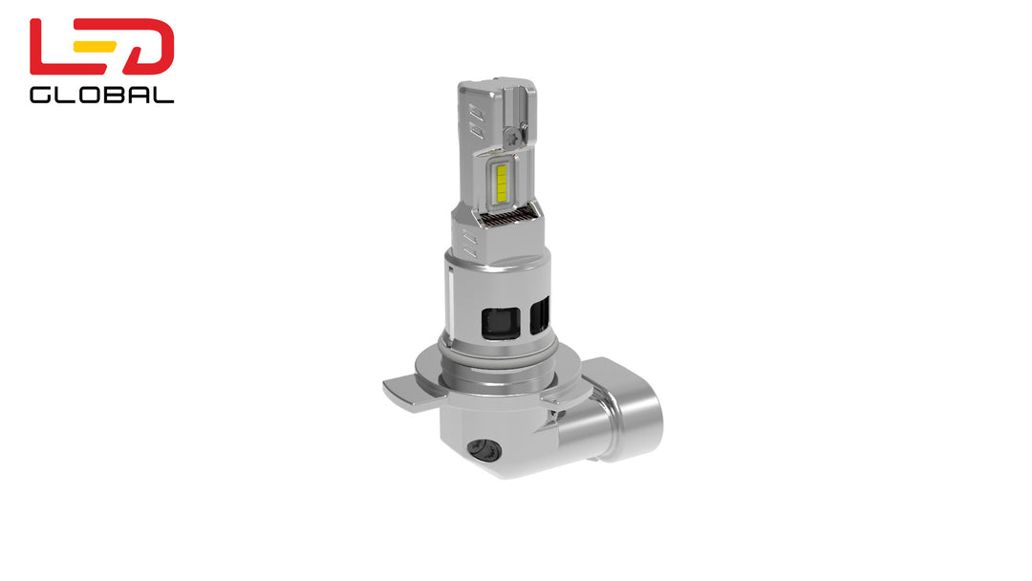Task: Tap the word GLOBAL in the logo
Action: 101,95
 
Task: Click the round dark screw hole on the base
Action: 481,446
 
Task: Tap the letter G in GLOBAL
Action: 40,95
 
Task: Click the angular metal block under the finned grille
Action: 497,244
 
